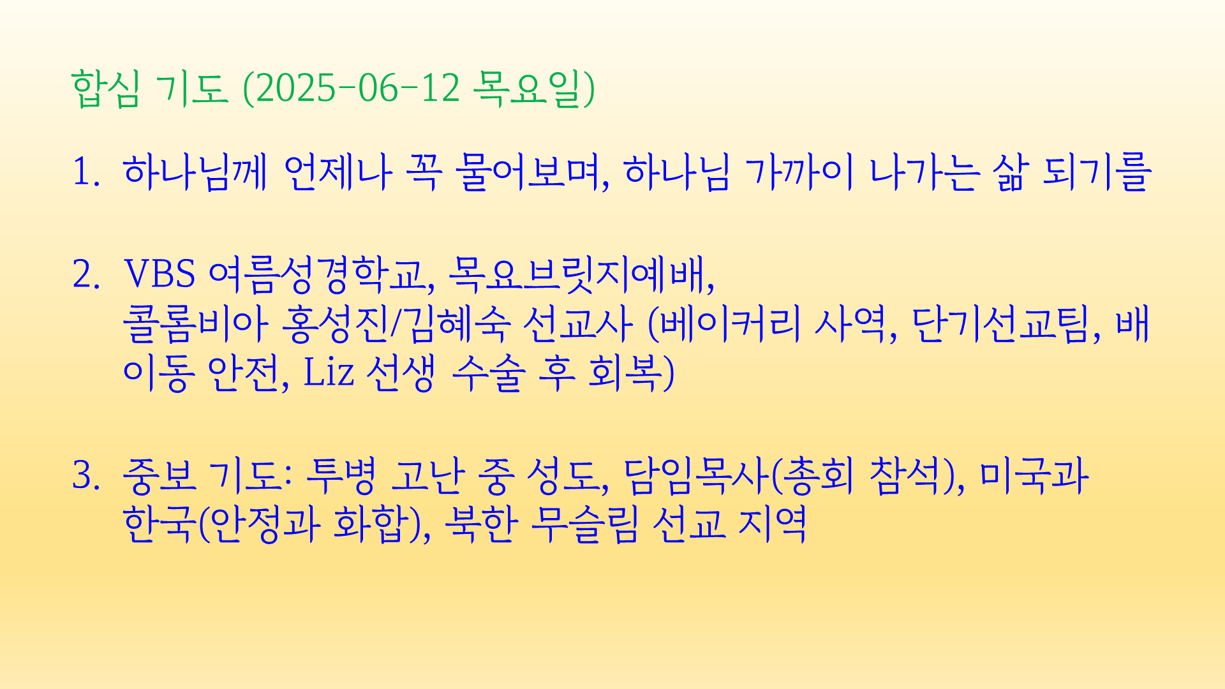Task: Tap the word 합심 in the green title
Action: pos(105,88)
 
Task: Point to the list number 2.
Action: pos(86,274)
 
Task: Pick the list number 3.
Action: pos(86,476)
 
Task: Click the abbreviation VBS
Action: pos(160,274)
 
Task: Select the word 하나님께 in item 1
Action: pos(195,172)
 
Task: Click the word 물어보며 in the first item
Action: pos(532,172)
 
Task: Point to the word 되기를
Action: pos(1097,172)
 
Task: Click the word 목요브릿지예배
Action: pos(581,274)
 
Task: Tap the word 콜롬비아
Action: pos(195,324)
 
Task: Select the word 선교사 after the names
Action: pos(577,324)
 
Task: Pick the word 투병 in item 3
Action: pos(341,476)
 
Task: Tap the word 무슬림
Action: pos(584,524)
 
